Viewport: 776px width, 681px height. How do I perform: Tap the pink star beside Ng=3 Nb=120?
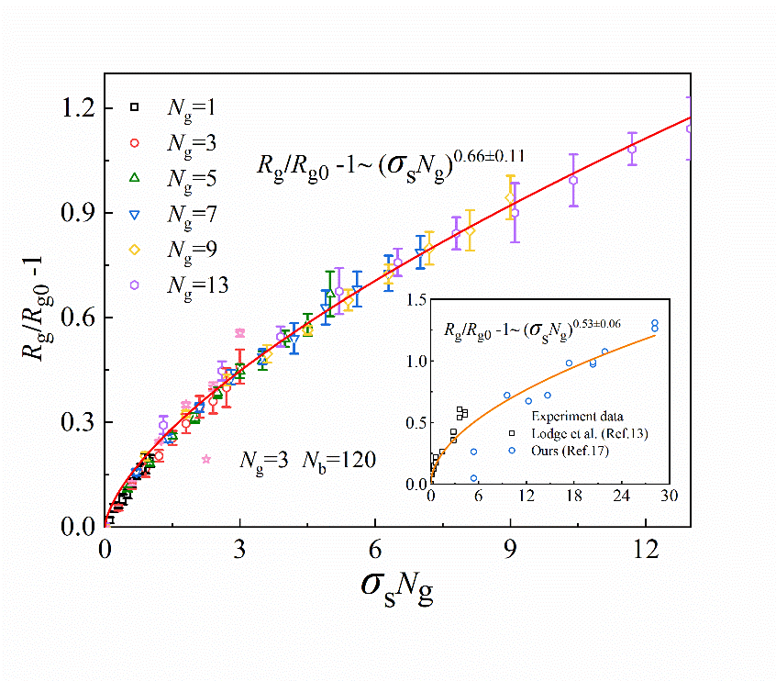click(206, 459)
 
